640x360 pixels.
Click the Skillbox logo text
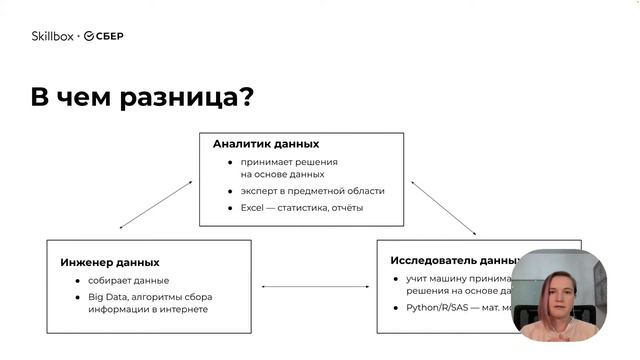52,36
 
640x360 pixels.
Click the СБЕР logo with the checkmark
103,36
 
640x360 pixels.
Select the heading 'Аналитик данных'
266,144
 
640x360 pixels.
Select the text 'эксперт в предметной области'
312,191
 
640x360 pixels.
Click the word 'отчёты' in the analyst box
347,208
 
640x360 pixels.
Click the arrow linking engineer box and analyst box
155,204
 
